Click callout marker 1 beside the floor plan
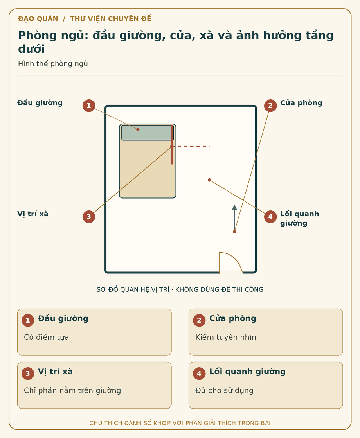(89, 106)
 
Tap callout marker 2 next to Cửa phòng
(270, 106)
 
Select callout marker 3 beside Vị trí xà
(89, 217)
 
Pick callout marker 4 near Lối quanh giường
(270, 217)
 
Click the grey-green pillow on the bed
(148, 133)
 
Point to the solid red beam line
(172, 145)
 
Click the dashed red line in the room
(191, 146)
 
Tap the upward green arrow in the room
(234, 218)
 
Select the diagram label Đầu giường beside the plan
(40, 103)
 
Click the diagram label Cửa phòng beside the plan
(301, 103)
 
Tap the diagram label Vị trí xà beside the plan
(33, 214)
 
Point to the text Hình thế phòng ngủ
(53, 64)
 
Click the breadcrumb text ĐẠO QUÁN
(38, 19)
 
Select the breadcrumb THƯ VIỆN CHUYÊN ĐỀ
(110, 19)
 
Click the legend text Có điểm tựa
(47, 337)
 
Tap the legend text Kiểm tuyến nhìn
(225, 337)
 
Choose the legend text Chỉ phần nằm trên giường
(72, 390)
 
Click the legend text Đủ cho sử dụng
(224, 390)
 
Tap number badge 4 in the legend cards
(199, 373)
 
